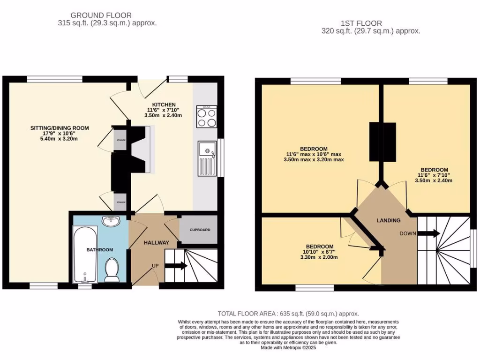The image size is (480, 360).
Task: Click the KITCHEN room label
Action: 164,105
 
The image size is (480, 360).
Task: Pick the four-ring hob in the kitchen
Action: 207,117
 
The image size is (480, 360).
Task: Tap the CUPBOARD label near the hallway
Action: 200,230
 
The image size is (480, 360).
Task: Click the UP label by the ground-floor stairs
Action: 154,266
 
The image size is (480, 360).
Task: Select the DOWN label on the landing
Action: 408,233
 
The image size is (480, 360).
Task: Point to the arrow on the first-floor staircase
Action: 429,233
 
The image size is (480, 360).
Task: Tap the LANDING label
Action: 389,220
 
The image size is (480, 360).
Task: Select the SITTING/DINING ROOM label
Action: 60,128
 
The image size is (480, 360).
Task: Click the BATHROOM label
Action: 99,250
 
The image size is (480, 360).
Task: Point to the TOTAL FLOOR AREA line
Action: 288,314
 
